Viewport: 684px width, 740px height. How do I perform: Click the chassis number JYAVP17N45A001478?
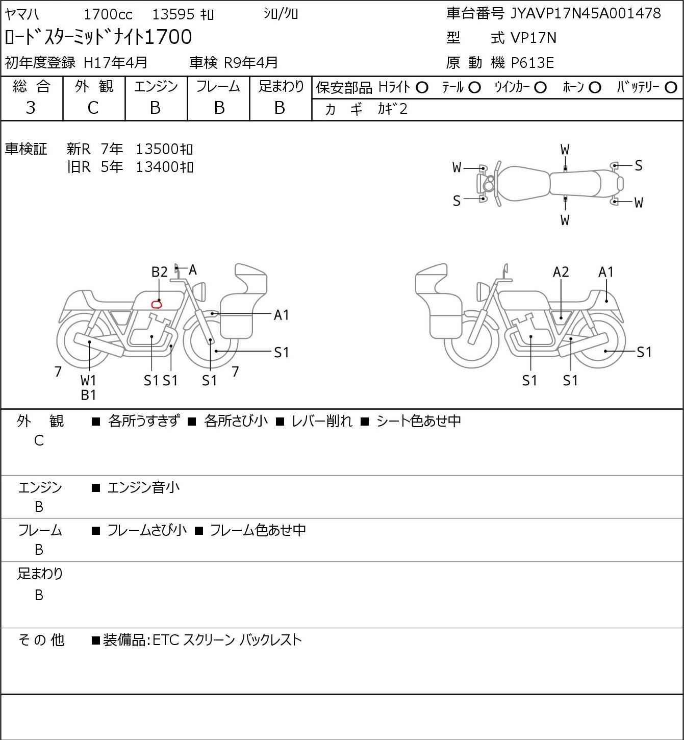point(586,14)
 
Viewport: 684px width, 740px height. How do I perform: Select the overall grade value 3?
point(31,108)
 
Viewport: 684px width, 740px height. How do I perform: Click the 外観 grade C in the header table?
point(93,108)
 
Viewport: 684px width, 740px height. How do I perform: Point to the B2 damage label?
point(159,272)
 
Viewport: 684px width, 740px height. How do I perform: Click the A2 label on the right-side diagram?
point(561,272)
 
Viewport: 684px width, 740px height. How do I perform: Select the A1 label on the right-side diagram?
point(606,272)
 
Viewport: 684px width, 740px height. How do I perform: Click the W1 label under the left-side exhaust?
point(88,380)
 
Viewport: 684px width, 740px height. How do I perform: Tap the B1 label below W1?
point(88,394)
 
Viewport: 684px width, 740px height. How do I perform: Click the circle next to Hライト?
point(422,88)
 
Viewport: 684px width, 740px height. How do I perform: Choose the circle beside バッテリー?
point(671,88)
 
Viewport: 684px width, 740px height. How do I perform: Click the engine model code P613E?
point(532,63)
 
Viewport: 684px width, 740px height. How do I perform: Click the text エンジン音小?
point(143,487)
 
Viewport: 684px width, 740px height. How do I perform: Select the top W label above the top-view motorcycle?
point(565,150)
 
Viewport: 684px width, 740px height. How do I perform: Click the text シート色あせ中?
point(418,421)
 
